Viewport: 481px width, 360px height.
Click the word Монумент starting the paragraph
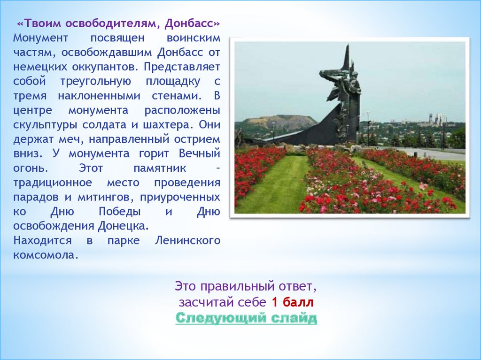pyautogui.click(x=40, y=38)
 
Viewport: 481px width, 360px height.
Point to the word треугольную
pyautogui.click(x=96, y=82)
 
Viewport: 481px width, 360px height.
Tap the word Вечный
pyautogui.click(x=200, y=153)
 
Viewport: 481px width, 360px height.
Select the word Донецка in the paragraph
pyautogui.click(x=124, y=226)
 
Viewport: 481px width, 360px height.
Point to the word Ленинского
pyautogui.click(x=187, y=240)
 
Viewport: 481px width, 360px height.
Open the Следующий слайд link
pyautogui.click(x=246, y=318)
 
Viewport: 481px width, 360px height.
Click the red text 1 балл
pyautogui.click(x=293, y=302)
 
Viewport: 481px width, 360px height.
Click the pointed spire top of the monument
pyautogui.click(x=348, y=45)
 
